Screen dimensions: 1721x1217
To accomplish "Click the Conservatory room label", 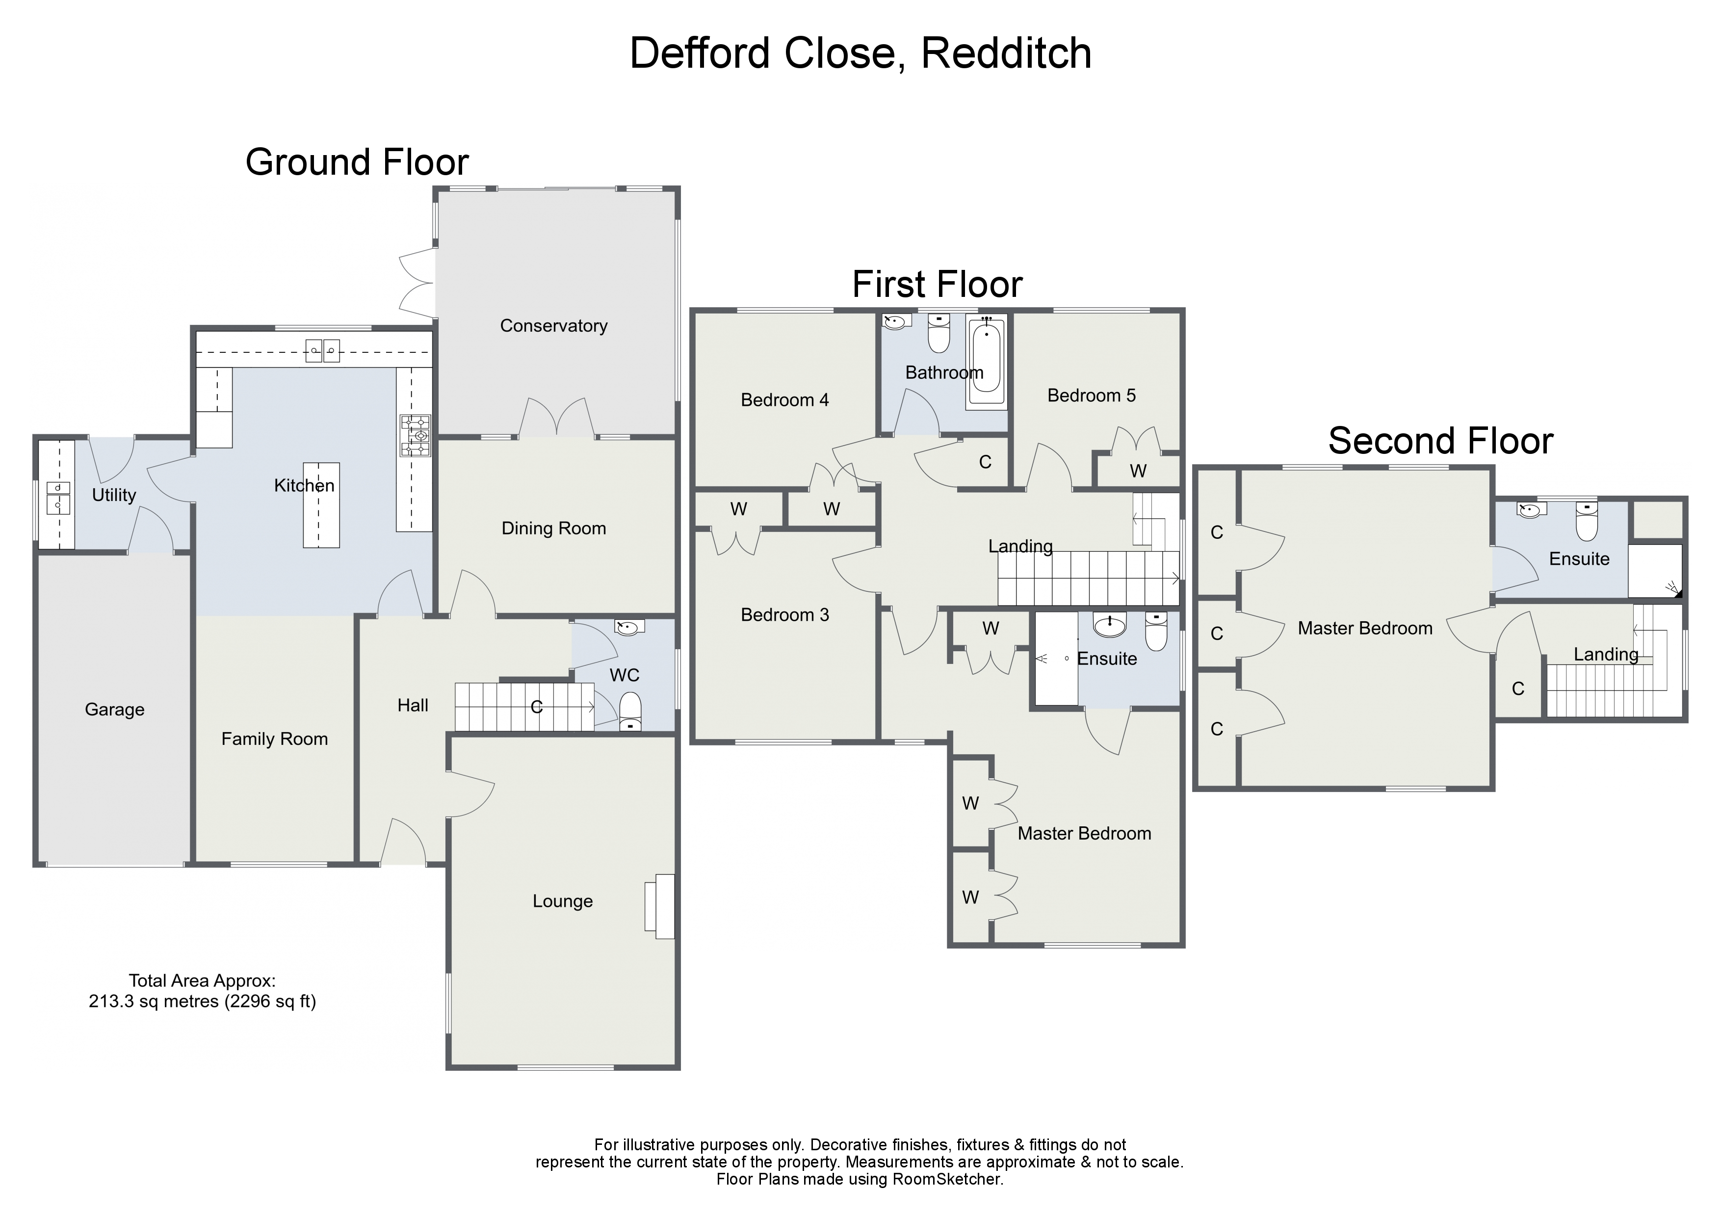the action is [553, 326].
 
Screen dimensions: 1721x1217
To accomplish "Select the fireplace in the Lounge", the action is [660, 906].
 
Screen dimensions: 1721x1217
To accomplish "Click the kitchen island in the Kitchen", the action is [321, 504].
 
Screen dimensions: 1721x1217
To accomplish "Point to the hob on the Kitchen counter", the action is [415, 436].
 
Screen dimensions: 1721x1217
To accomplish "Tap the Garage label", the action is [115, 710].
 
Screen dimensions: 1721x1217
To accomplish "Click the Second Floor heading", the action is [1440, 441].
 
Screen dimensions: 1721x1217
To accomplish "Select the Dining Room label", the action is [553, 529].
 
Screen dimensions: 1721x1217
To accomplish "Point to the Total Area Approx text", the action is [203, 981].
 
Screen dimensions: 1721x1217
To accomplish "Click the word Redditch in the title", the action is [1005, 54].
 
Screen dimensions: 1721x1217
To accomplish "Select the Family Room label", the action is [274, 740].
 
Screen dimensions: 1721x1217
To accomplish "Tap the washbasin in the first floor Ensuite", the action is [1109, 624].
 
